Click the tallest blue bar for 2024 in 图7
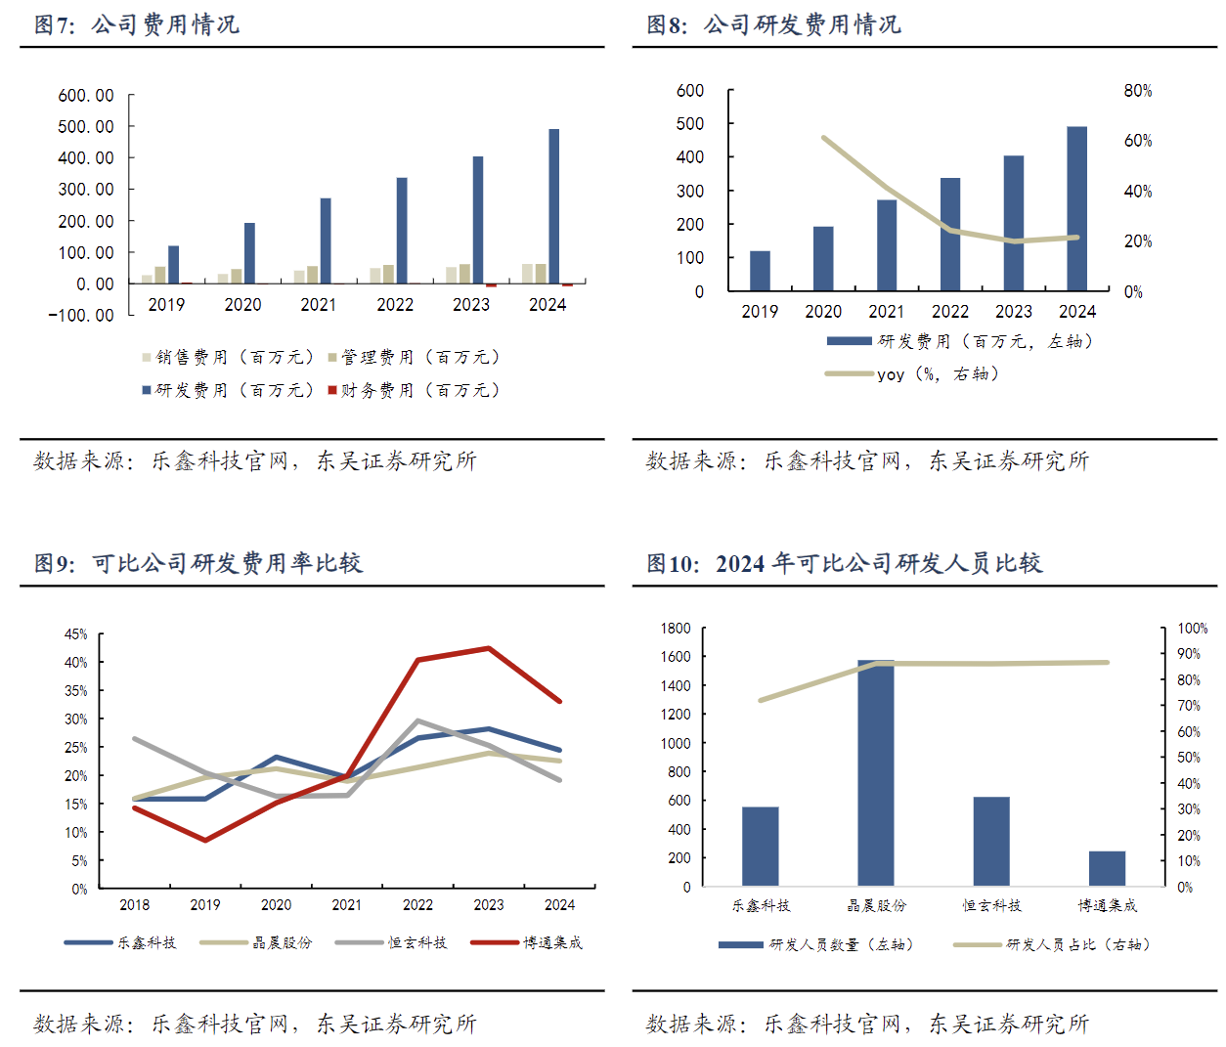(554, 206)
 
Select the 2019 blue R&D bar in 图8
(760, 271)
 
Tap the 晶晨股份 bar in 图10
(876, 772)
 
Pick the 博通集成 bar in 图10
(1107, 868)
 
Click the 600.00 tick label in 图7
(86, 96)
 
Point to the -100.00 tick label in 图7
(82, 316)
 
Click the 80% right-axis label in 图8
(1138, 91)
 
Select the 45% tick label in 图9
(76, 634)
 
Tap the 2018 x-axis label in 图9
(135, 905)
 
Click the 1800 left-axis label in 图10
(676, 629)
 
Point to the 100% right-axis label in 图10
(1193, 629)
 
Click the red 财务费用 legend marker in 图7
(332, 390)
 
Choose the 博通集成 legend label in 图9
(552, 942)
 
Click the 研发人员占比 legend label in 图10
(1077, 944)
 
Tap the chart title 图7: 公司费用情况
(137, 24)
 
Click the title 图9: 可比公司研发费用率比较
(198, 563)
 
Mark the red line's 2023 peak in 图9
(488, 648)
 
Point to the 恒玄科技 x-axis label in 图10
(991, 906)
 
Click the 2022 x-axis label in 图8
(950, 312)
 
